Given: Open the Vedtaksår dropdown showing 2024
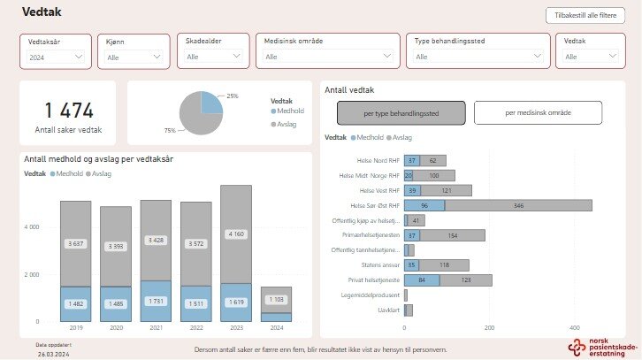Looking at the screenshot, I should tap(56, 57).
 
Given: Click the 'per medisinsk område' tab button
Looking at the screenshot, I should tap(538, 113).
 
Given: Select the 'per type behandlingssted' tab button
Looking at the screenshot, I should tap(401, 113).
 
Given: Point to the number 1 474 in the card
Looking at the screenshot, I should tap(68, 111).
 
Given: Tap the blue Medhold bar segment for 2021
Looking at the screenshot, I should tap(156, 302).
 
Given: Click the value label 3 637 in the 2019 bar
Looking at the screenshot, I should tap(75, 243).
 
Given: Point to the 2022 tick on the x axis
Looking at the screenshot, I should tap(195, 329).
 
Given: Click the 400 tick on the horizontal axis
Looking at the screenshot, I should tap(575, 327).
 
